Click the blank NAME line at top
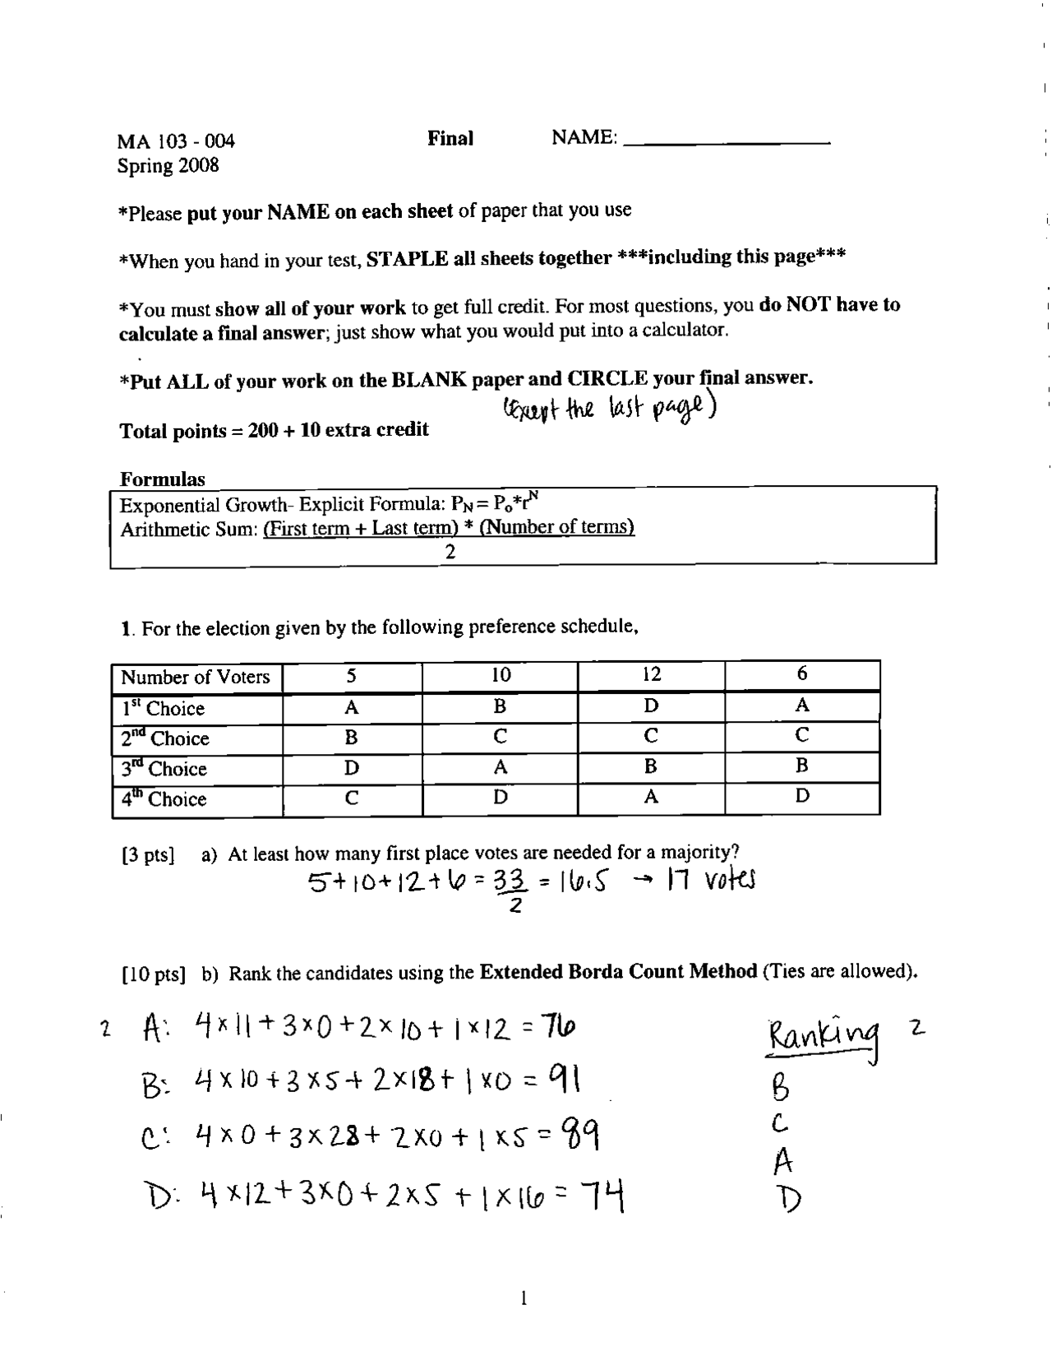click(x=727, y=141)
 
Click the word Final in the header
click(x=450, y=138)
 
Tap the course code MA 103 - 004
click(x=176, y=141)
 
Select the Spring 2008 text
click(x=168, y=165)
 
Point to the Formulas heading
click(x=163, y=479)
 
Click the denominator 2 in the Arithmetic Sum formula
click(x=450, y=553)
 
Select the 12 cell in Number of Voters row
click(x=651, y=675)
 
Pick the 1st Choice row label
click(x=163, y=708)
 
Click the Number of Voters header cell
click(x=196, y=678)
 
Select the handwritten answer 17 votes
click(x=711, y=881)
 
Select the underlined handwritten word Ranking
click(x=823, y=1035)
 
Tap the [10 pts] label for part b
click(x=153, y=975)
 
